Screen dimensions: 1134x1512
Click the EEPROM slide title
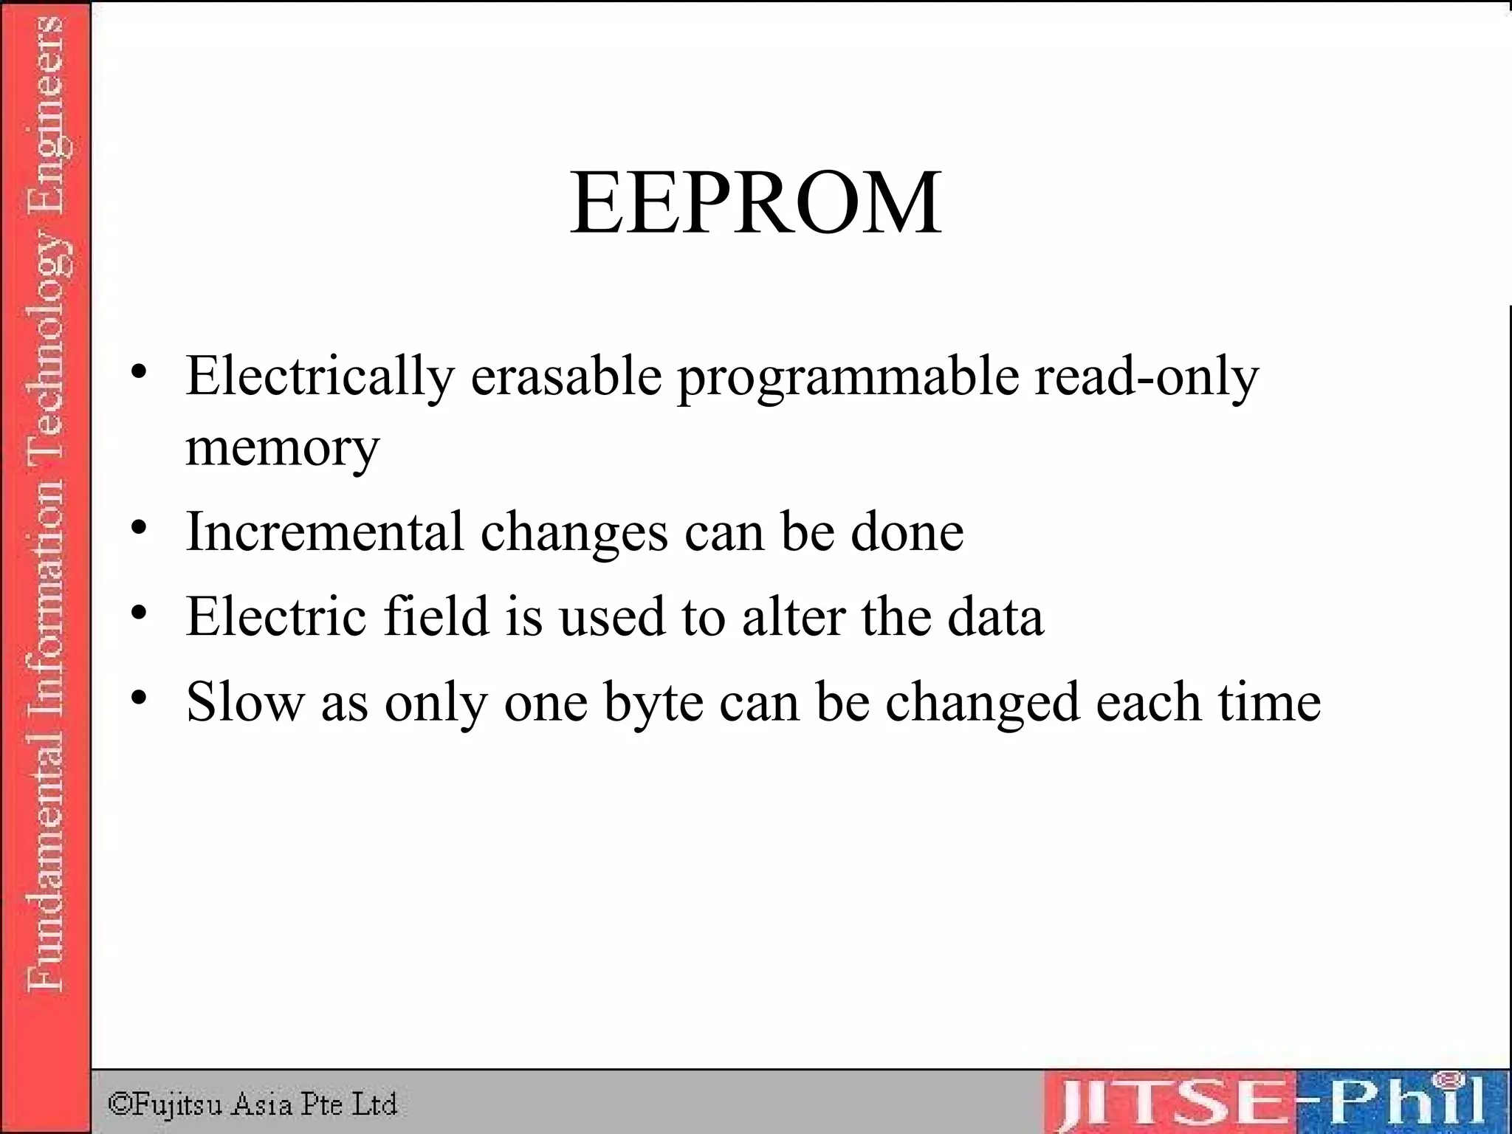[755, 203]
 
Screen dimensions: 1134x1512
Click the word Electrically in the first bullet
[320, 377]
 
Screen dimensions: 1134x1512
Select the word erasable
[566, 377]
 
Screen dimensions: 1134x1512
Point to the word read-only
[1147, 377]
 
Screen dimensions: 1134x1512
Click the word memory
[282, 448]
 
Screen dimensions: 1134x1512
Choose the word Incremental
[325, 532]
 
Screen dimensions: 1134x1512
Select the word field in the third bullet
[436, 616]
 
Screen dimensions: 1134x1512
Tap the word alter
[794, 616]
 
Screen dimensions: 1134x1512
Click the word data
[996, 616]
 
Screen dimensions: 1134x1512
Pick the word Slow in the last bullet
[245, 701]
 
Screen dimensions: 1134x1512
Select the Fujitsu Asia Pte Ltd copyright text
[252, 1104]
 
